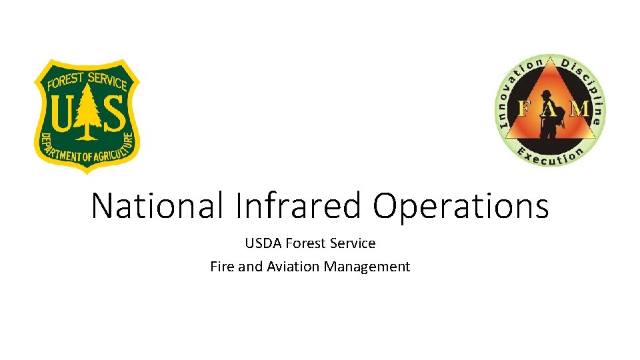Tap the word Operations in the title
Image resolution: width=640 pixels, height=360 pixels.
(x=461, y=207)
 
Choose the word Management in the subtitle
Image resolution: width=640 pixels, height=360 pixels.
(x=367, y=267)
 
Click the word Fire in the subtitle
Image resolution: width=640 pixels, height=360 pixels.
(x=222, y=267)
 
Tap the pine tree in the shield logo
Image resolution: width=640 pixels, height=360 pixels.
(x=86, y=113)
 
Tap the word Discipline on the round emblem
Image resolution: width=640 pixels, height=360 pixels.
(x=587, y=83)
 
